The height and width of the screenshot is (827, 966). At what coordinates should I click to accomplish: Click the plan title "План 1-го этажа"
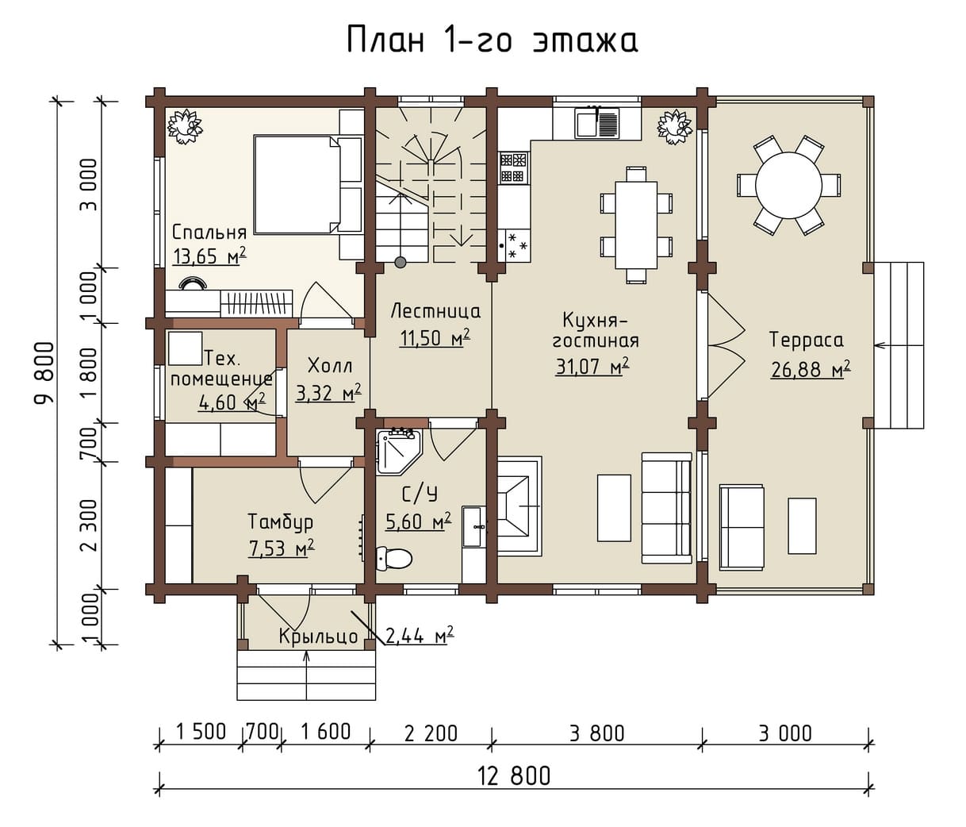[x=492, y=40]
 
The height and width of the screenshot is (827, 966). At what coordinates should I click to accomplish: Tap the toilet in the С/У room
[x=393, y=558]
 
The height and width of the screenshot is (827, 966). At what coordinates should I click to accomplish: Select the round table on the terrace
[x=789, y=185]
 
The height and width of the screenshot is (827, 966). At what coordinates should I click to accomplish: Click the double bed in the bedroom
[x=309, y=184]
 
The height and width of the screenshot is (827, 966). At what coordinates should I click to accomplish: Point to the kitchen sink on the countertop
[x=596, y=122]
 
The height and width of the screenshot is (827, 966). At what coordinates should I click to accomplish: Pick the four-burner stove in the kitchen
[x=514, y=167]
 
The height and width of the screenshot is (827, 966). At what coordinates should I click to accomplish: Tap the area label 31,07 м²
[x=592, y=367]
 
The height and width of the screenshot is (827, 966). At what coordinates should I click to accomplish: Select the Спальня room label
[x=209, y=233]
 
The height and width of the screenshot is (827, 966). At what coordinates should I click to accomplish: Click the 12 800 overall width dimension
[x=514, y=776]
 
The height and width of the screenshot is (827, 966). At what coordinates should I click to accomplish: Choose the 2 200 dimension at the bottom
[x=431, y=734]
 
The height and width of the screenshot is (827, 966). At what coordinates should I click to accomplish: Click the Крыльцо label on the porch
[x=318, y=637]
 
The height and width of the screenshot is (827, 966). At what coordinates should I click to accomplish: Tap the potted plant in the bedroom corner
[x=186, y=126]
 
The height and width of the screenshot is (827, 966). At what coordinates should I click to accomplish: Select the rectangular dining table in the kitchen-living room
[x=636, y=225]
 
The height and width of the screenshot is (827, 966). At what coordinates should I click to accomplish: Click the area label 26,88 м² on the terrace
[x=810, y=369]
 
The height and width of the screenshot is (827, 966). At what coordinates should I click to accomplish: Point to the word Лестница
[x=435, y=312]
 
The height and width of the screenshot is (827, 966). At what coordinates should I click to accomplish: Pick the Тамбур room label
[x=281, y=522]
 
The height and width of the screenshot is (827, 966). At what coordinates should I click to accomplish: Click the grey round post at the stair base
[x=400, y=262]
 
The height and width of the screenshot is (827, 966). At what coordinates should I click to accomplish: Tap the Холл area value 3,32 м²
[x=328, y=393]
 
